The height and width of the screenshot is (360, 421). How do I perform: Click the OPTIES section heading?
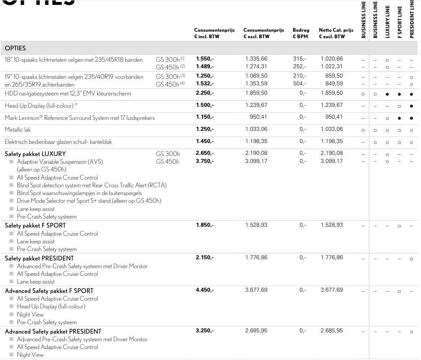pos(15,48)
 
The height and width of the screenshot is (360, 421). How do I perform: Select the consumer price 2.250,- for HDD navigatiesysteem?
pos(204,93)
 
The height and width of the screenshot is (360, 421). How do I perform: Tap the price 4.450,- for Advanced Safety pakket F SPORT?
pos(204,290)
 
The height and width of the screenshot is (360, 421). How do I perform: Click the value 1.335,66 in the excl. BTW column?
pos(256,59)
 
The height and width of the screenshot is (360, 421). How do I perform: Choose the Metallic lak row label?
pos(18,130)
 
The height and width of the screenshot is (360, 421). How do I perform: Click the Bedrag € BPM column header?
pos(301,33)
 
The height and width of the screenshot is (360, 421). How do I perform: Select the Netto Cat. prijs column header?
pos(336,33)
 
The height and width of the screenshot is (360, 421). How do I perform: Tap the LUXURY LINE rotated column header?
pos(388,22)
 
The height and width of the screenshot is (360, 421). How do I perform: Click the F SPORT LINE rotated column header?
pos(399,22)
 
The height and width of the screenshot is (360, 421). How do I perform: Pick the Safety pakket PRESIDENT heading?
pos(39,258)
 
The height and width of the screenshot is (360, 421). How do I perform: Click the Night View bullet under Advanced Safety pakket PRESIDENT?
pos(30,355)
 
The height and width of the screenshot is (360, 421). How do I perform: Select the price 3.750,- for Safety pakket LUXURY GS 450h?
pos(204,161)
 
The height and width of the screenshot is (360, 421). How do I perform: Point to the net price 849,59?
pos(334,84)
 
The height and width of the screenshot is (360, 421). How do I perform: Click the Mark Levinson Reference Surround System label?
pos(80,118)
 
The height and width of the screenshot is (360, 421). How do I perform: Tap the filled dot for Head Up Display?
pos(411,106)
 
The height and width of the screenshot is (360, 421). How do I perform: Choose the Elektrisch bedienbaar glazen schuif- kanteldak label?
pos(58,142)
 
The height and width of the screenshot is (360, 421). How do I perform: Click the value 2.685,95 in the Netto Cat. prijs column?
pos(332,331)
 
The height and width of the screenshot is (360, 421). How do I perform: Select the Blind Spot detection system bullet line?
pos(91,185)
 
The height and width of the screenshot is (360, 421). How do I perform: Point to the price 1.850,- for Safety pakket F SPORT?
pos(204,225)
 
